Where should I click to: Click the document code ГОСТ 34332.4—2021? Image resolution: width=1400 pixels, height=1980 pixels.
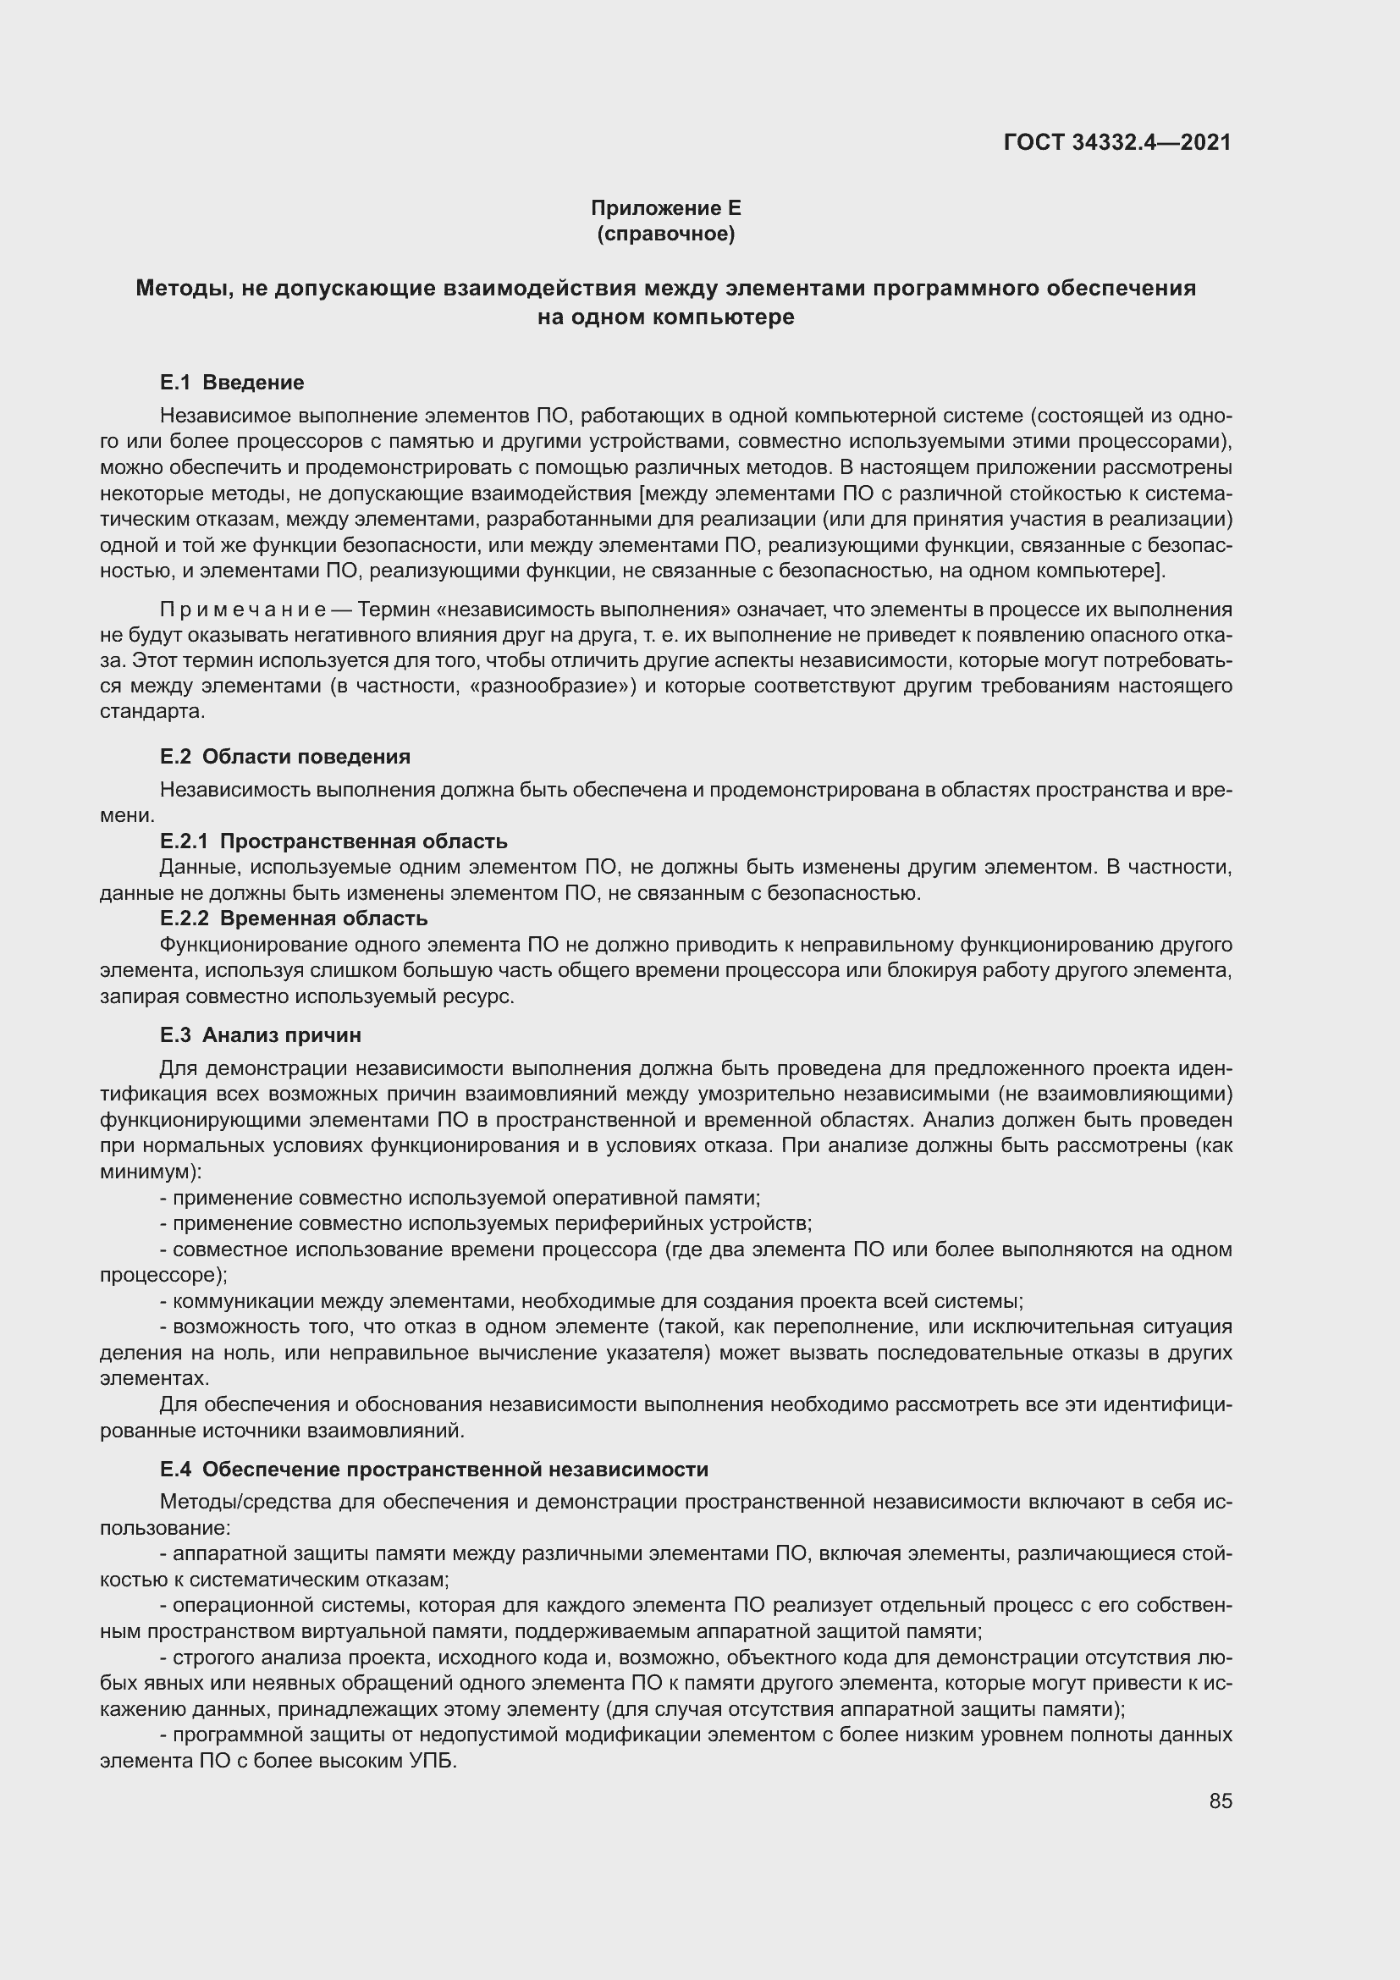1117,142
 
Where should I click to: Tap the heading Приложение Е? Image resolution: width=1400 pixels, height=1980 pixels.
665,208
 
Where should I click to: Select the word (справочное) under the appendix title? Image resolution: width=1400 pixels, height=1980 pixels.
665,234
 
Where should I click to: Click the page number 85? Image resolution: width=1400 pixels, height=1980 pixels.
1220,1801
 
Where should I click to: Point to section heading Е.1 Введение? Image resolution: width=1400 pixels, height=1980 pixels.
232,382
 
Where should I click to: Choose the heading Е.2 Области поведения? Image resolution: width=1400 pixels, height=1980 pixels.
284,756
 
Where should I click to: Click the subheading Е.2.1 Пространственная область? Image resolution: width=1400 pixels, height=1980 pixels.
333,841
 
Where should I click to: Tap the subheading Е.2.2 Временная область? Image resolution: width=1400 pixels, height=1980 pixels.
293,918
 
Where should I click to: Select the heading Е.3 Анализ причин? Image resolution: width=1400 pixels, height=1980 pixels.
261,1034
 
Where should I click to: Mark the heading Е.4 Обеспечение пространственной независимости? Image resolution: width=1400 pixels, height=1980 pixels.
433,1469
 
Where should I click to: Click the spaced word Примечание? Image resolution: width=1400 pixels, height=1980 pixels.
242,609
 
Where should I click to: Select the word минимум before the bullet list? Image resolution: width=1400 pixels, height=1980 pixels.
146,1172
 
